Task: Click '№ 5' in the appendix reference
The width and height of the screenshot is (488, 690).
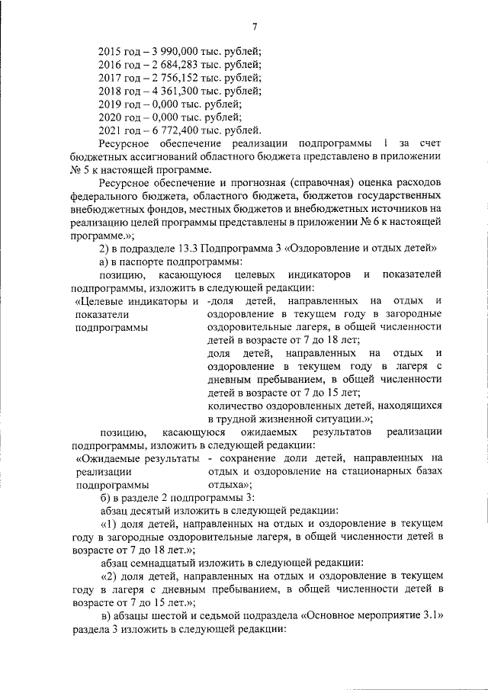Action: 79,169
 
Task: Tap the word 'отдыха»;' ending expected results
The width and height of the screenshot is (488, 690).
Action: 229,484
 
